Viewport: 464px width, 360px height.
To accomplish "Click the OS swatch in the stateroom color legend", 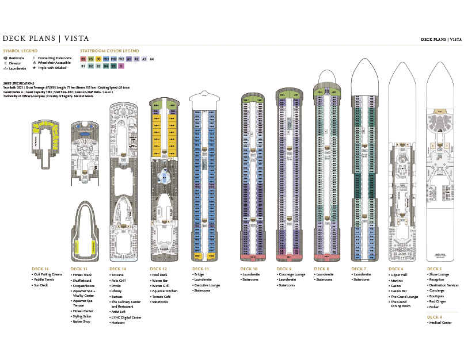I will click(x=83, y=59).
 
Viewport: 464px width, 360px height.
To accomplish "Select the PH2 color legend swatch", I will click(x=114, y=59).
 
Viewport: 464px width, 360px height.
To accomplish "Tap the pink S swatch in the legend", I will click(x=121, y=66).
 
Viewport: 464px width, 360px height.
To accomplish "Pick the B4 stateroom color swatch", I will click(x=106, y=66).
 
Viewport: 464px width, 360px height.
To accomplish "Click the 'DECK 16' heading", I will click(x=40, y=269).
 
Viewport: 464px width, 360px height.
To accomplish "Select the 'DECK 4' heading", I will click(x=436, y=317).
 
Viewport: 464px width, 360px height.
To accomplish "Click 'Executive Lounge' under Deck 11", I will click(x=207, y=285).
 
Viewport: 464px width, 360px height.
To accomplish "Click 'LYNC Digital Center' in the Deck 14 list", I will click(x=126, y=317).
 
